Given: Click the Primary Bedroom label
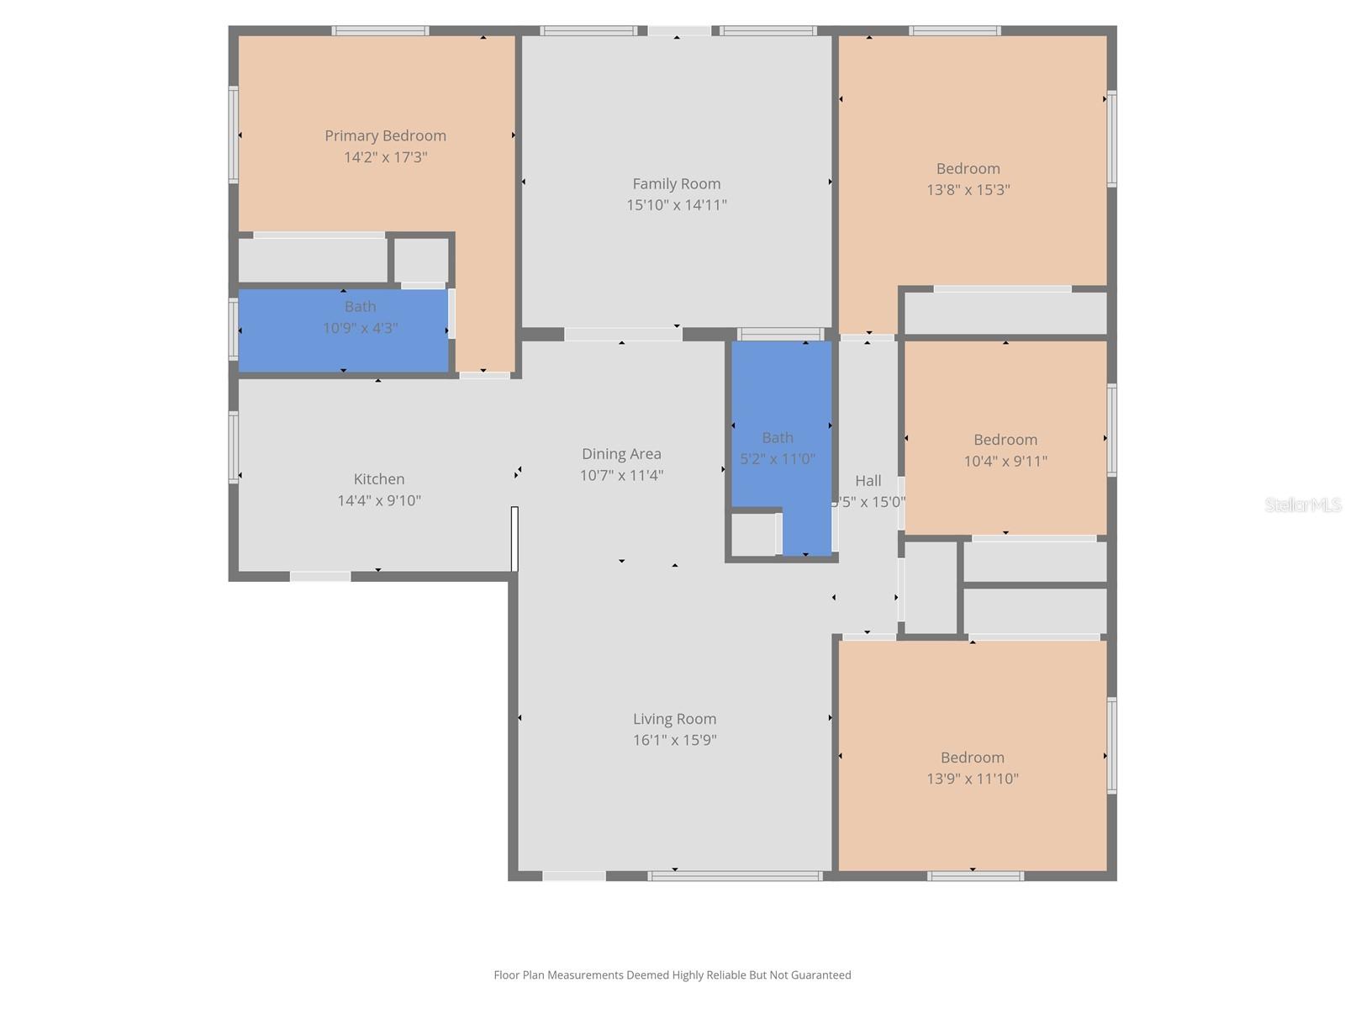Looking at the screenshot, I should [385, 135].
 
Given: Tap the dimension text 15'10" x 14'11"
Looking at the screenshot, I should [676, 204].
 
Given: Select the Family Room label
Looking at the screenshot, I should [676, 183].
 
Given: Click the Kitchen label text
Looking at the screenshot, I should [378, 478].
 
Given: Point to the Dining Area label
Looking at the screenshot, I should [621, 453].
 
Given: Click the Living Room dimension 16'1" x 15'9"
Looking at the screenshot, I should [674, 740].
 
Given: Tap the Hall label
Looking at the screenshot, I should [868, 480].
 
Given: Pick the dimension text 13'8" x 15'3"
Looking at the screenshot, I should [968, 190].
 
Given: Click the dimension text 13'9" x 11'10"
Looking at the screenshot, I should [972, 779].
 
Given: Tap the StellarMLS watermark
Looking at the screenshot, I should [1303, 504].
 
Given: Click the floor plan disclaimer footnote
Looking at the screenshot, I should [672, 975].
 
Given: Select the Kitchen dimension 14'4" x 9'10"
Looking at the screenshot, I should [378, 500].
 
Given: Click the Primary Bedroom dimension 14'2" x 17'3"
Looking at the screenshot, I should [385, 157].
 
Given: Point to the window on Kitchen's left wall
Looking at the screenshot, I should [234, 446].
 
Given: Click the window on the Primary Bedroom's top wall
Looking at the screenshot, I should [380, 31].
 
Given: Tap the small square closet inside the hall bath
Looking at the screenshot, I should [753, 534].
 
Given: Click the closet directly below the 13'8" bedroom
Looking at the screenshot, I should [1005, 313].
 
